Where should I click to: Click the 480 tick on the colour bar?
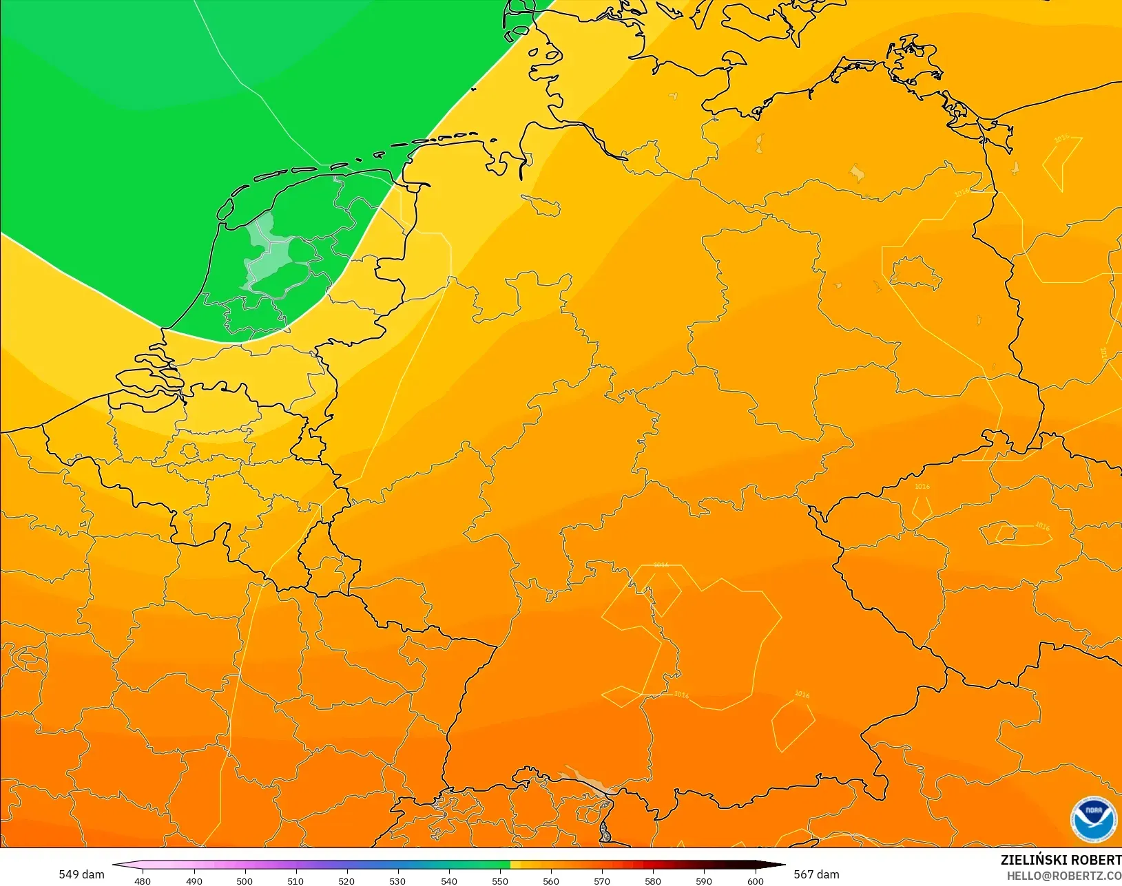pos(143,880)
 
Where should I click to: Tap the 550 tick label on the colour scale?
pos(500,880)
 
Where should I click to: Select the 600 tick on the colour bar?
pos(756,880)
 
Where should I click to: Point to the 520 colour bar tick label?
pos(346,880)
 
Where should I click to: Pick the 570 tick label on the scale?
pos(602,880)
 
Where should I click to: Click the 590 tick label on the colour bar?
pos(704,880)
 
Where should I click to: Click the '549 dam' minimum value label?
pos(81,874)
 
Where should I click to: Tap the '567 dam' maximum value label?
pos(816,874)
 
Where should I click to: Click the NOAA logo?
pos(1093,819)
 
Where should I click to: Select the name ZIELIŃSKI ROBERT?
pos(1061,860)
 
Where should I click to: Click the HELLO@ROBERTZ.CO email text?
pos(1063,876)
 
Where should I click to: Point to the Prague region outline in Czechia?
pos(1005,532)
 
